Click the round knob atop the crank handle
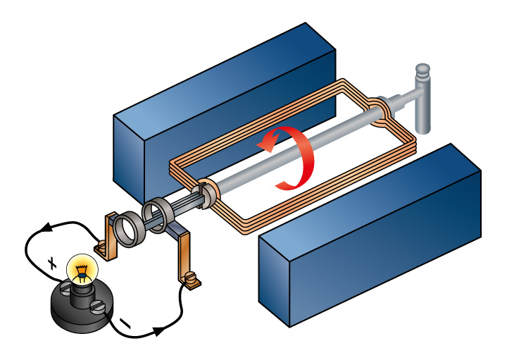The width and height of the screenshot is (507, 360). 422,71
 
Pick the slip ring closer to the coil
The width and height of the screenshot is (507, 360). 156,216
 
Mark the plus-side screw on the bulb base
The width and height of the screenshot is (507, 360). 65,288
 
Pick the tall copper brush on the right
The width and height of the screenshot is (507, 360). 184,254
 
